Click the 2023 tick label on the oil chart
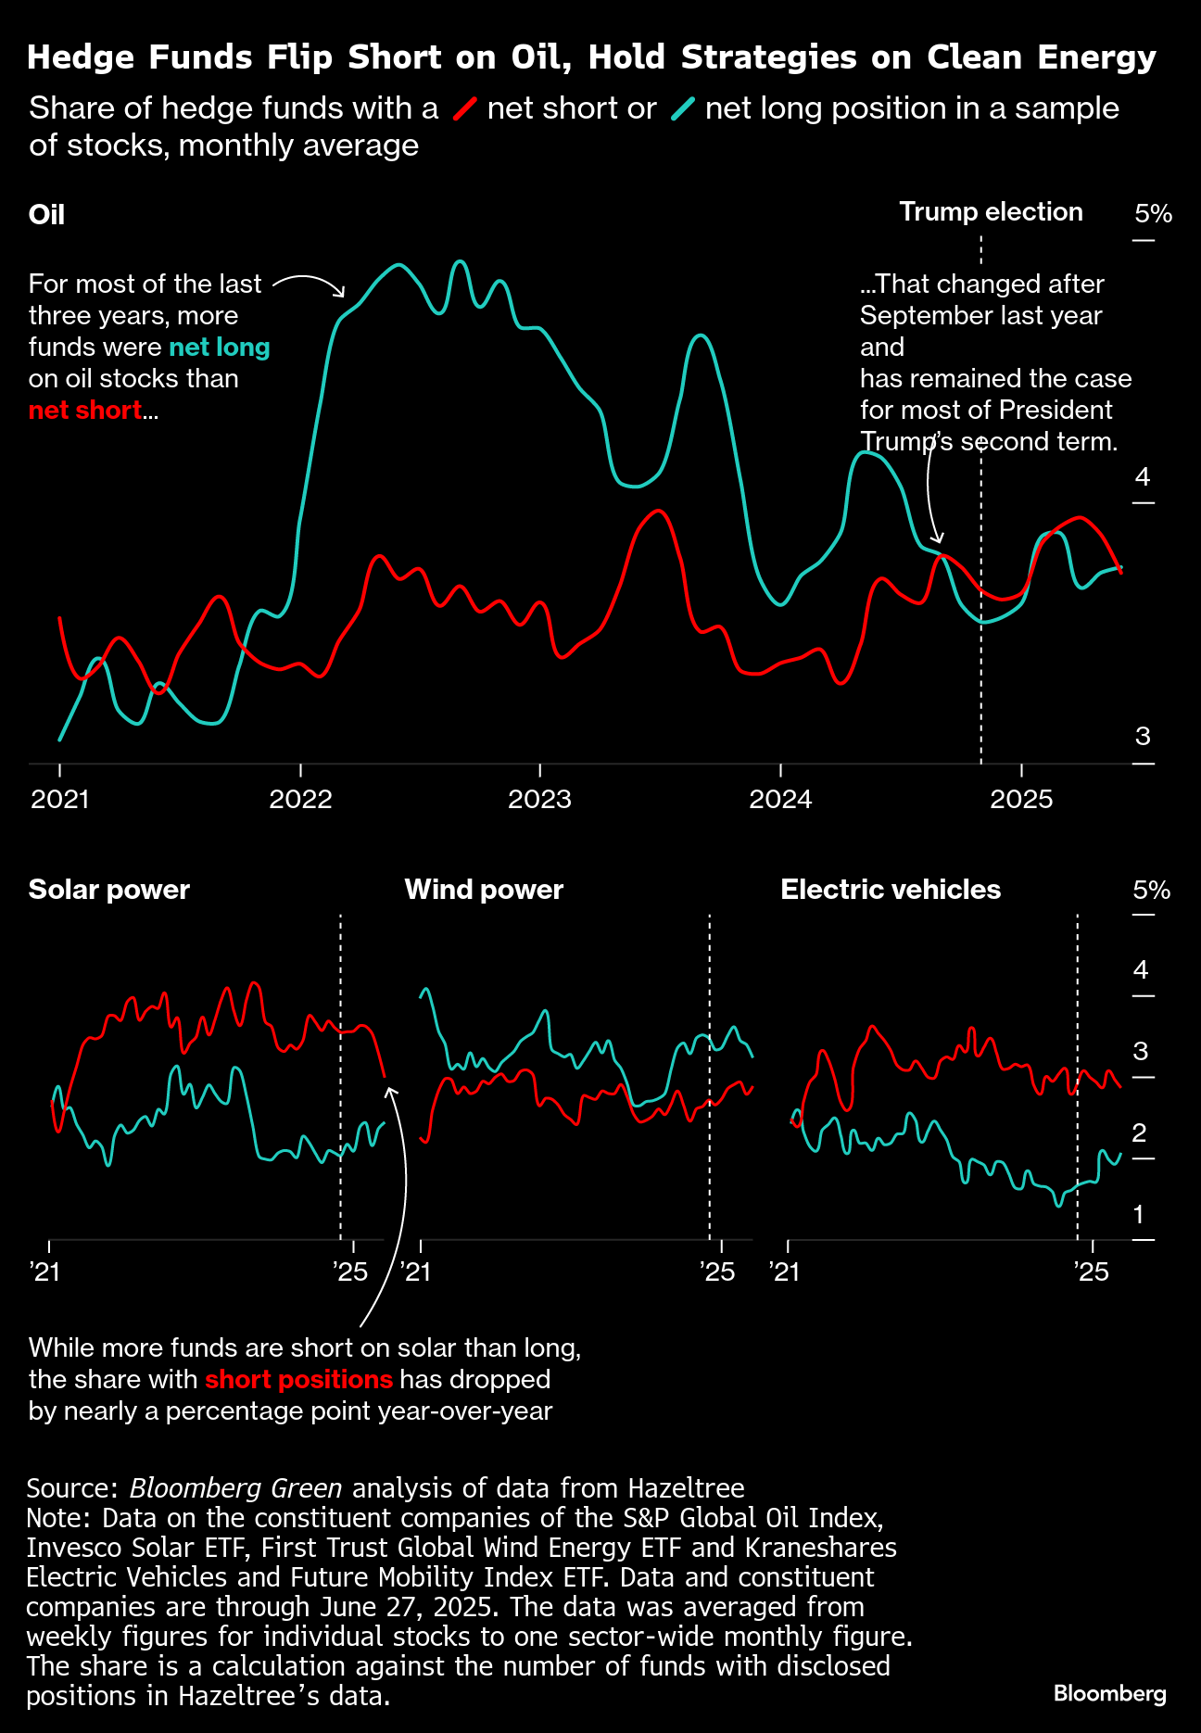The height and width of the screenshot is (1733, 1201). click(539, 799)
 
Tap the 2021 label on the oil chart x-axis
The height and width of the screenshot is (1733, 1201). click(60, 799)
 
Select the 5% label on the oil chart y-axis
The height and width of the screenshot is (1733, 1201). click(1153, 214)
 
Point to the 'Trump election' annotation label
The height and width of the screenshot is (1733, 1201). click(991, 212)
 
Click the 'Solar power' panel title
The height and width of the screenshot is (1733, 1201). click(109, 890)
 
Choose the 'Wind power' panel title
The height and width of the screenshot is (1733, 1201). click(484, 890)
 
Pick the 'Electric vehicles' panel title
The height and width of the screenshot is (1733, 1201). click(891, 890)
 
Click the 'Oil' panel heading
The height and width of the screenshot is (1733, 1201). click(46, 215)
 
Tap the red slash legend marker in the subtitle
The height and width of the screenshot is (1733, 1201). click(464, 109)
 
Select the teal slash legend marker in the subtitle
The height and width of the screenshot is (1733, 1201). click(683, 109)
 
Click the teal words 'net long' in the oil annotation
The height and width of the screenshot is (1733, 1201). click(219, 348)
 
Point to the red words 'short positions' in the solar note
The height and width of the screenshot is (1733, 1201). click(298, 1379)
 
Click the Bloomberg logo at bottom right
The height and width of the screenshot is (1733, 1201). click(1109, 1693)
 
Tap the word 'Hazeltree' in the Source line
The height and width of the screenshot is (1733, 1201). click(686, 1488)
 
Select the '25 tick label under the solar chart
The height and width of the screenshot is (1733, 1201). click(350, 1271)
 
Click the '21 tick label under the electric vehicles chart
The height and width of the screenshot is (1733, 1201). click(784, 1271)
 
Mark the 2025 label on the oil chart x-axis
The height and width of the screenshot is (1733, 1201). click(1021, 799)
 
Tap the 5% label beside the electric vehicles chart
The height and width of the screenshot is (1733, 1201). click(1151, 891)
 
